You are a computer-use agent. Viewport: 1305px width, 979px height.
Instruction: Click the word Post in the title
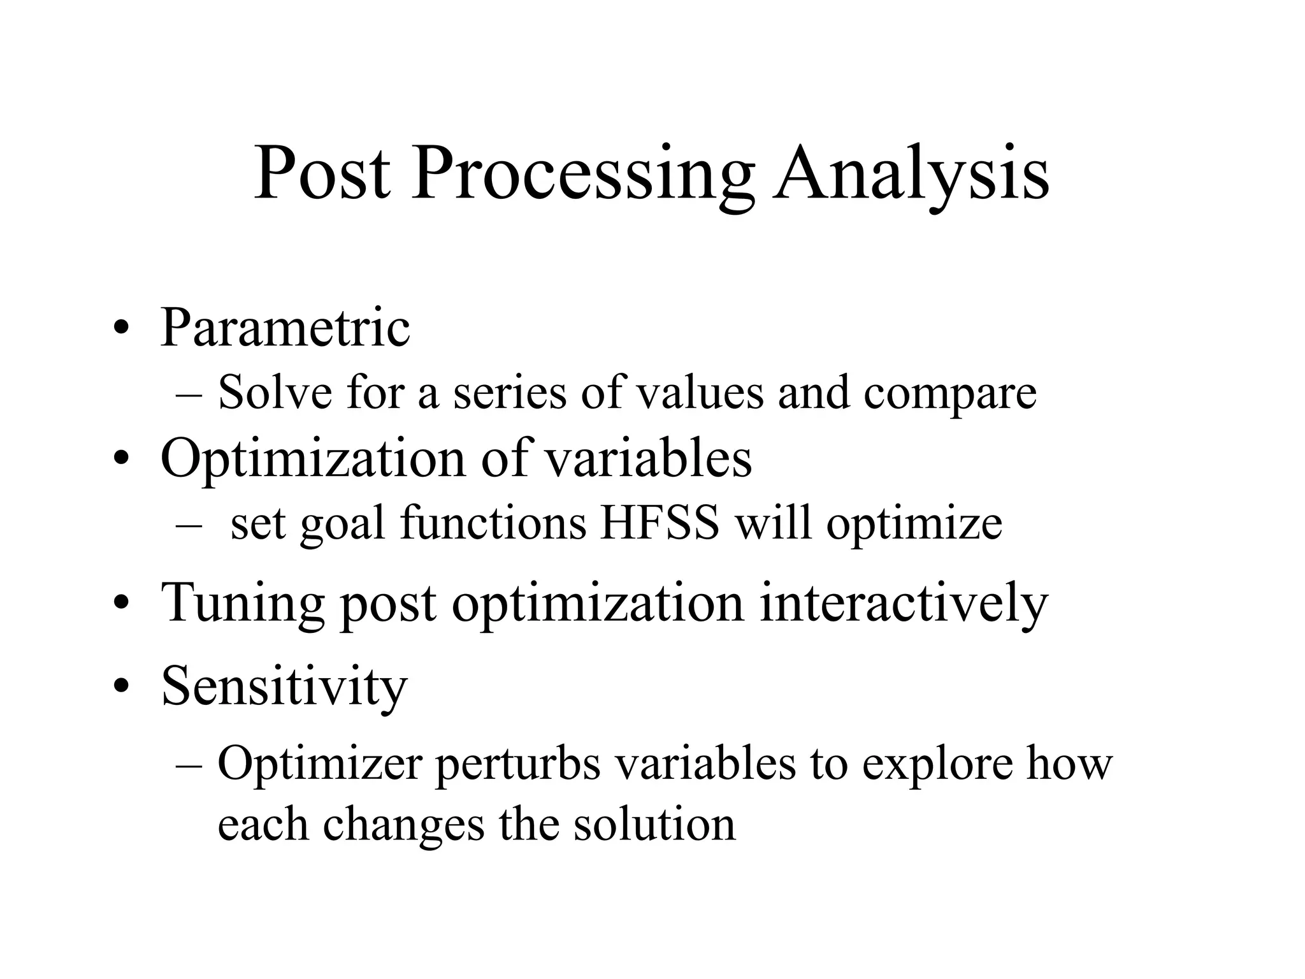point(322,173)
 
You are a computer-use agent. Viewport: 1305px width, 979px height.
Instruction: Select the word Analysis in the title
point(911,173)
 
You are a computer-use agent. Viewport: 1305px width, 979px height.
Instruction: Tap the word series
point(510,393)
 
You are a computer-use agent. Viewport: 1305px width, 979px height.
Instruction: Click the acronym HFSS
point(660,524)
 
